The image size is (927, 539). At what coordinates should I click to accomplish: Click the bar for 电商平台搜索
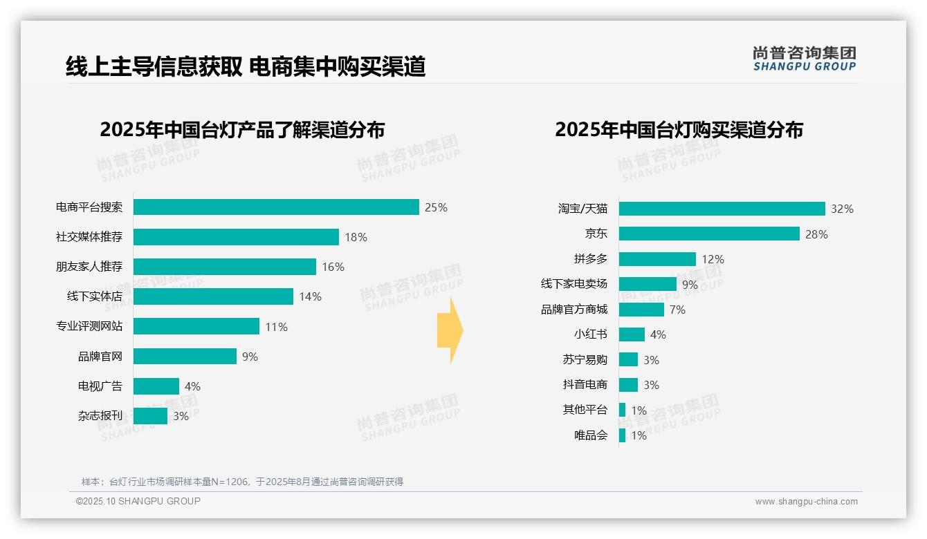click(276, 207)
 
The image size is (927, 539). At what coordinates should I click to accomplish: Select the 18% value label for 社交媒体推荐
click(356, 237)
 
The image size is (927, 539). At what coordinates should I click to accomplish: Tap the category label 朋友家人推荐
click(89, 267)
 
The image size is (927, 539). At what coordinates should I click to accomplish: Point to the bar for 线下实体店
click(213, 296)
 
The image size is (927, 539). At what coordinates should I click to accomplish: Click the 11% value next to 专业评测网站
click(276, 327)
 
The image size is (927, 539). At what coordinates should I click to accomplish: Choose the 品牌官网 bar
click(185, 356)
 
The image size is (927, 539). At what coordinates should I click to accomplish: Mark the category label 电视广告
click(100, 386)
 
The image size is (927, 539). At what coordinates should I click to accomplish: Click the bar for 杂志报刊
click(150, 416)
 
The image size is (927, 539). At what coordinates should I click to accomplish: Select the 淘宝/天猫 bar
click(722, 209)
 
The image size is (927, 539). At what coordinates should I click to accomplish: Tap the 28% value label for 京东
click(816, 234)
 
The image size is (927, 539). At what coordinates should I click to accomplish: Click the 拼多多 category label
click(591, 259)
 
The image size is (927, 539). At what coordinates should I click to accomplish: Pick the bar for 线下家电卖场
click(648, 284)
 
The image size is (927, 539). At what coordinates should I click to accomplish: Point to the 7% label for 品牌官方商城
click(677, 310)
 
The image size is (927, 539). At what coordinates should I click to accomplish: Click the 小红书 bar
click(632, 334)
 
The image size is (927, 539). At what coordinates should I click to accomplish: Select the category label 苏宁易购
click(585, 360)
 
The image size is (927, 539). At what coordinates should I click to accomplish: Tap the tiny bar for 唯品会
click(622, 435)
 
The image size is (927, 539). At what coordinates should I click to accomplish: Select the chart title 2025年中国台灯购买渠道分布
click(679, 130)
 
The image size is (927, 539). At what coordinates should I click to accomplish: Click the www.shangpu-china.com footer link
click(806, 502)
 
